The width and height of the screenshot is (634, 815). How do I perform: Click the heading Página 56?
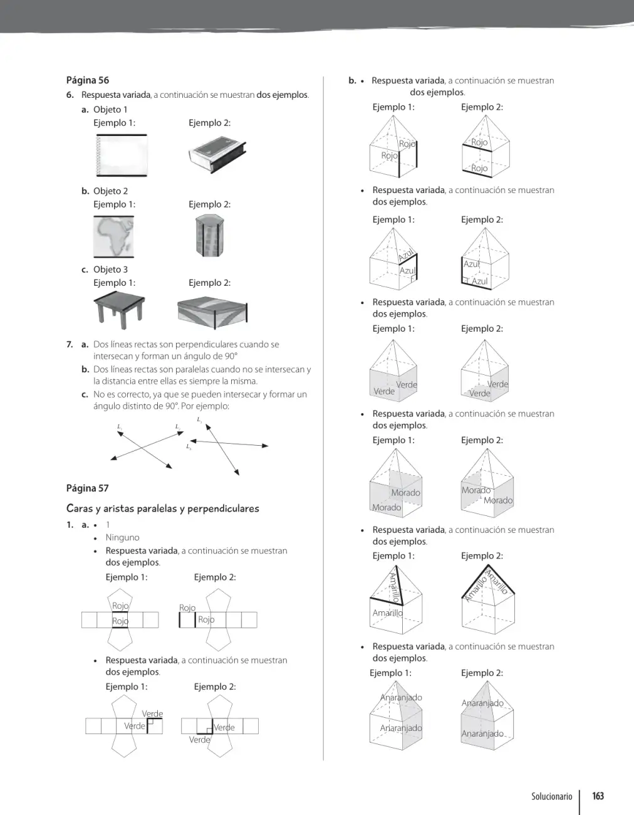pyautogui.click(x=88, y=80)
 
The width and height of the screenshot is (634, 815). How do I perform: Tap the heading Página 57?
pyautogui.click(x=88, y=488)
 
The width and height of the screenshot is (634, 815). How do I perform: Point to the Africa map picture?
pyautogui.click(x=113, y=236)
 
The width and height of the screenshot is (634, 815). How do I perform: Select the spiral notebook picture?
pyautogui.click(x=122, y=155)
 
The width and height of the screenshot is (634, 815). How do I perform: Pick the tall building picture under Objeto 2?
pyautogui.click(x=210, y=236)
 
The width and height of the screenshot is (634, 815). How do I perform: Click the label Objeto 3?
pyautogui.click(x=110, y=270)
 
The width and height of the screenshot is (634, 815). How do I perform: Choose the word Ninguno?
pyautogui.click(x=123, y=537)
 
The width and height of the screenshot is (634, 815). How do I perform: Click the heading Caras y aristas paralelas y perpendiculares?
pyautogui.click(x=163, y=508)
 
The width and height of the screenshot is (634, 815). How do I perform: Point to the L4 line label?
pyautogui.click(x=189, y=446)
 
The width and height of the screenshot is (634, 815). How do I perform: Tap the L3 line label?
pyautogui.click(x=199, y=419)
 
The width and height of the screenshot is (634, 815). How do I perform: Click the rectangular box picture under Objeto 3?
pyautogui.click(x=212, y=313)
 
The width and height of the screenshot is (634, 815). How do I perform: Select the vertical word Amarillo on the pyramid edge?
pyautogui.click(x=393, y=587)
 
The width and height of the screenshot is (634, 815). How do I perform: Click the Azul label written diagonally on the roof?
pyautogui.click(x=406, y=255)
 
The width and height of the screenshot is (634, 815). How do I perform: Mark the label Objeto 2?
pyautogui.click(x=110, y=191)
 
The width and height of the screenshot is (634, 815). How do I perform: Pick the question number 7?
pyautogui.click(x=70, y=344)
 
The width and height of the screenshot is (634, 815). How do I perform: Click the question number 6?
pyautogui.click(x=70, y=95)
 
